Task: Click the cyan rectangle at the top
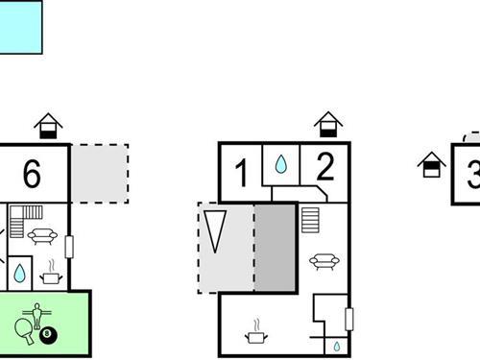tap(21, 25)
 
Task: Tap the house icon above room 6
tap(47, 126)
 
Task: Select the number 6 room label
tap(32, 174)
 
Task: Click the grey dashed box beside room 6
tap(100, 174)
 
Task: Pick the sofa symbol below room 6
tap(43, 235)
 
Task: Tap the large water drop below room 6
tap(19, 275)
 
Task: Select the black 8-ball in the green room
tap(50, 335)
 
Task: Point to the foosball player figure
tap(38, 313)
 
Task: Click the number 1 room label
tap(241, 174)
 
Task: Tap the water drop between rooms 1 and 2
tap(279, 165)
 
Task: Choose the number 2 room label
tap(324, 169)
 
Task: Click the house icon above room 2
tap(328, 126)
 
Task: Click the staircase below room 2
tap(309, 220)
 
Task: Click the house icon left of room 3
tap(431, 164)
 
